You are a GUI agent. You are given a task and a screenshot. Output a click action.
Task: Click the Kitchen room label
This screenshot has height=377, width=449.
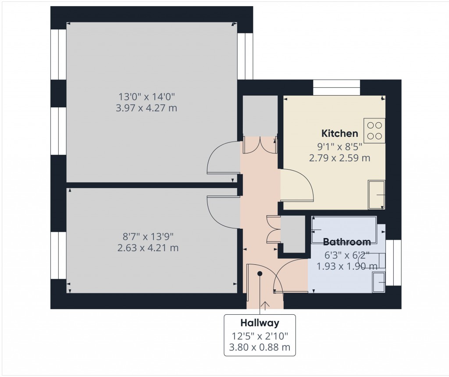340,133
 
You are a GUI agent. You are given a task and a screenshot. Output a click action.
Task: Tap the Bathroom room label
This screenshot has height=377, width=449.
347,242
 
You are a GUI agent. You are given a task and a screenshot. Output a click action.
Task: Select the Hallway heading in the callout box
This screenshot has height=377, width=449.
260,324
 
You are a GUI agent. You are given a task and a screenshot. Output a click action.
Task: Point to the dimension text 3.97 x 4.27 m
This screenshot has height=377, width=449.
146,107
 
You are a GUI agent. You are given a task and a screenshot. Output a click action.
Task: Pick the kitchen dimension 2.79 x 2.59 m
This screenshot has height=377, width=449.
340,158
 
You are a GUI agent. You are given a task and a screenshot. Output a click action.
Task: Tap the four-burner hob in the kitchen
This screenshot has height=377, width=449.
374,130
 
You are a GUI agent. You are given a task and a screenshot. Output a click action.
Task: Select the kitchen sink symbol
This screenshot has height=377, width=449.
377,194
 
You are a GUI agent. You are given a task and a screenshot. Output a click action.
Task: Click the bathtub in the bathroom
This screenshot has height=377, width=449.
344,229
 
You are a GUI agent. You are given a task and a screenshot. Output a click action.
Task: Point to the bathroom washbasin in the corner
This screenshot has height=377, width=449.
378,281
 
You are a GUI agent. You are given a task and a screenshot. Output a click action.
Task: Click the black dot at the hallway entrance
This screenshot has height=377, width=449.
260,274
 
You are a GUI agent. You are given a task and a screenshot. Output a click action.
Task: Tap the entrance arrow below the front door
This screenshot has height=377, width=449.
264,306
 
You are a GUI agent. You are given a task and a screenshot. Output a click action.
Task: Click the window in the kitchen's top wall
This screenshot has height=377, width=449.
337,87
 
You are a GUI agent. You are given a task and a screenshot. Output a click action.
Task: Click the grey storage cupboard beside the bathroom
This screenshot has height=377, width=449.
293,234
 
